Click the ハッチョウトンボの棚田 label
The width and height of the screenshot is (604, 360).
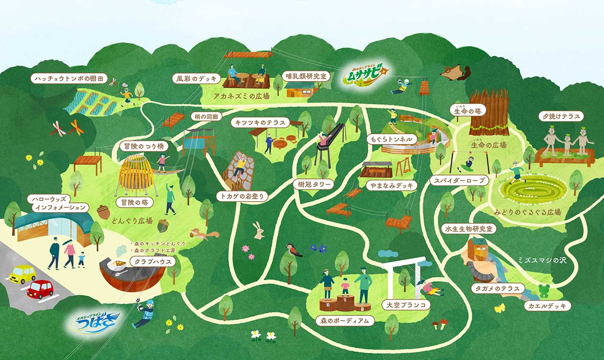(69, 78)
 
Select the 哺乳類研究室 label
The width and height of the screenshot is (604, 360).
(306, 75)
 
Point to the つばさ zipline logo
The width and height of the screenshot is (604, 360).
(93, 320)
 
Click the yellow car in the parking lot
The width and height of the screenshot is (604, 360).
(23, 273)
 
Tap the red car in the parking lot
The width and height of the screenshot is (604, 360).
(40, 289)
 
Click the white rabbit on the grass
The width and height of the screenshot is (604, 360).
(258, 230)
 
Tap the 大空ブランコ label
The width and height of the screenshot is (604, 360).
(406, 305)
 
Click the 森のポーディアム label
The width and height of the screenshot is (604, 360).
(345, 321)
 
